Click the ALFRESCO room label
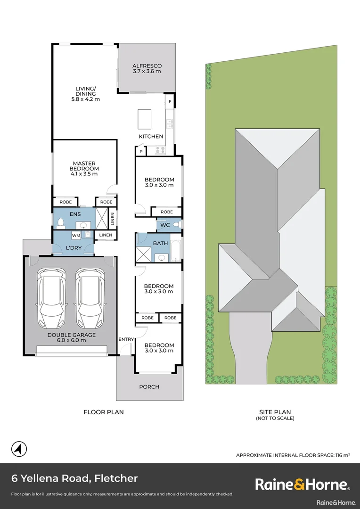coord(147,69)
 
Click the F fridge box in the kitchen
coord(170,102)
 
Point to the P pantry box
coord(141,151)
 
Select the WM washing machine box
coord(76,235)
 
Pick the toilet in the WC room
coord(176,225)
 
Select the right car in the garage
coord(90,298)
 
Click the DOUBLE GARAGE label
coord(71,337)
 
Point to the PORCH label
coord(149,387)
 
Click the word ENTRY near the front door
coord(126,339)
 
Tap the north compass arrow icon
coord(18,449)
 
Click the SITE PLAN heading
coord(275,412)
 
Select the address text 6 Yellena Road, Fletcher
coord(74,478)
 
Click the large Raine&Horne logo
coord(302,484)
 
